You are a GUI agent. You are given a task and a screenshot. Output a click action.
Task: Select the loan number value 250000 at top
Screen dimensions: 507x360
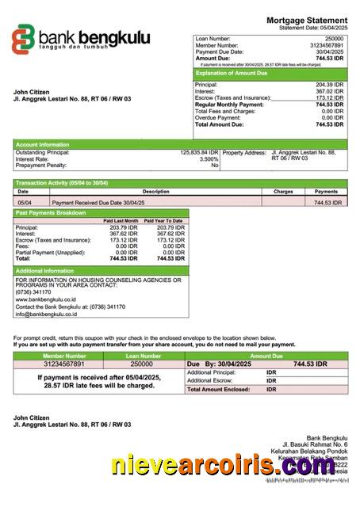point(334,38)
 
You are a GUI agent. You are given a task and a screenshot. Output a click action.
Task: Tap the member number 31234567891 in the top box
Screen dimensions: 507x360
point(327,45)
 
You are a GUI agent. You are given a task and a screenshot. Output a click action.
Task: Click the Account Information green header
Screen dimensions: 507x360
point(44,144)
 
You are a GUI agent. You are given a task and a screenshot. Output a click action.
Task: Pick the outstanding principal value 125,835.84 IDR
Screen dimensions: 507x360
point(199,152)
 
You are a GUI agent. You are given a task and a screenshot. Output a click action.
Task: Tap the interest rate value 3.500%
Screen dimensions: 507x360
point(209,158)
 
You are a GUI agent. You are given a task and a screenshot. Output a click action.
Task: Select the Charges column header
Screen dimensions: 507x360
point(283,192)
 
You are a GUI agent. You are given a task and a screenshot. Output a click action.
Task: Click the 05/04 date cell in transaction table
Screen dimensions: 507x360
point(25,203)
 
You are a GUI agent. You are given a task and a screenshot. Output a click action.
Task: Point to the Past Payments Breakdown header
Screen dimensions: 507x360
point(51,213)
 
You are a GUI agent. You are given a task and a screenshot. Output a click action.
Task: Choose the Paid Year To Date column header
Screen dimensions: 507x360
point(165,221)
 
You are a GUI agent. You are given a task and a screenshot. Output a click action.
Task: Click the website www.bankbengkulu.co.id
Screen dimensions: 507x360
point(46,300)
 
